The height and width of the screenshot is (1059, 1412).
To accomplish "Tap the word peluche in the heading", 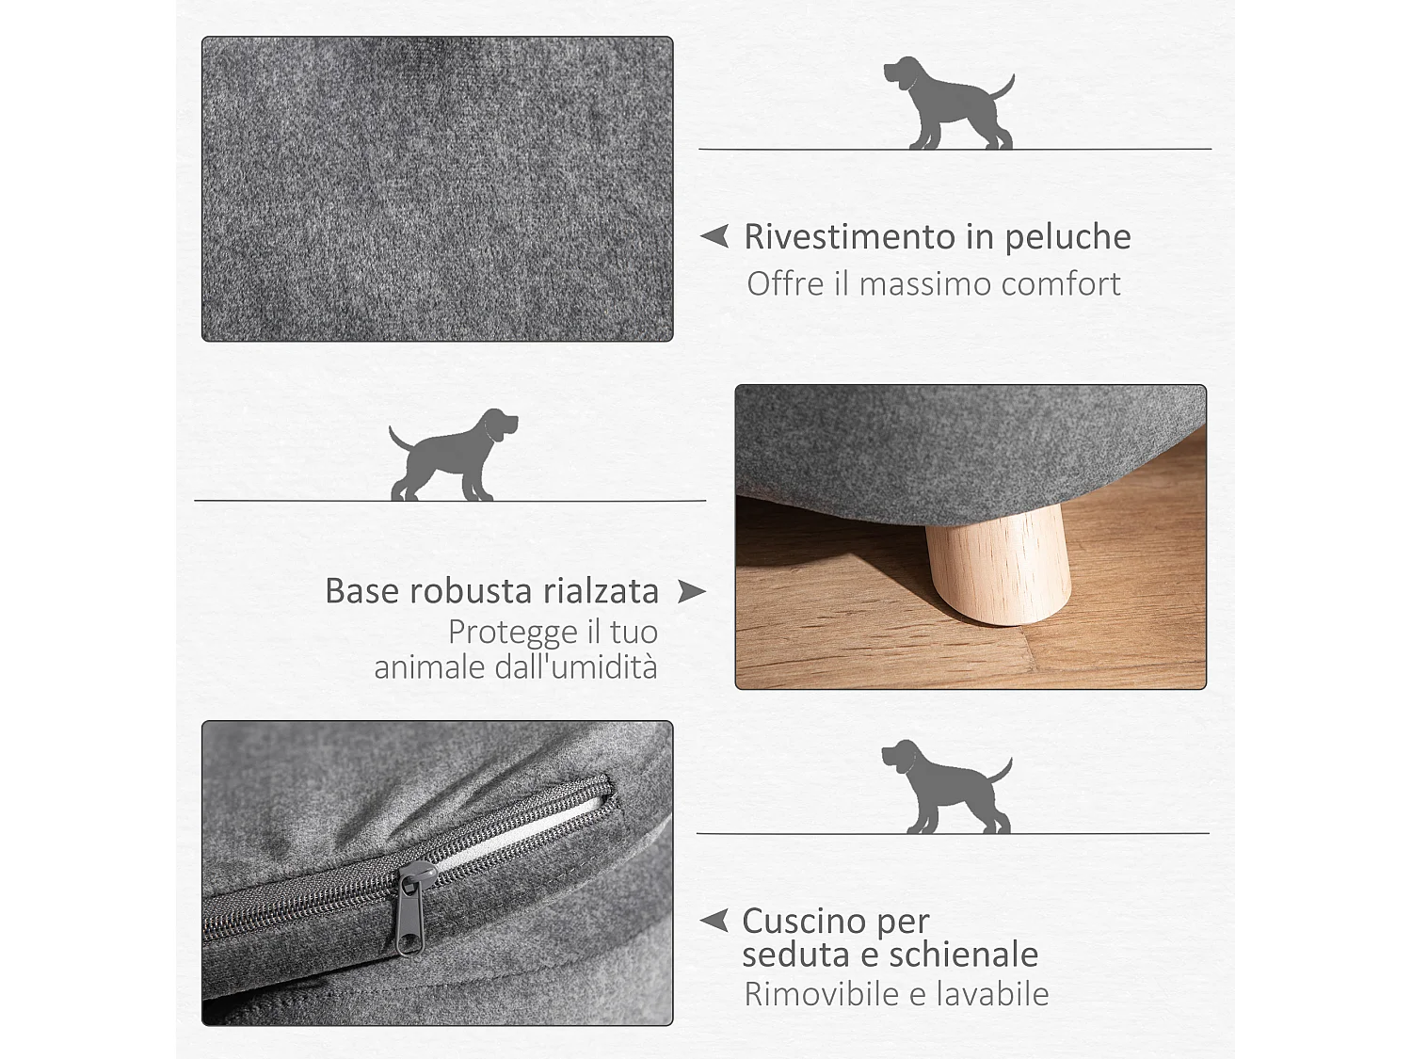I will coord(1067,238).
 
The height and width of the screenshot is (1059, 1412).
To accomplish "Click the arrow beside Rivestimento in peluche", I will coord(715,235).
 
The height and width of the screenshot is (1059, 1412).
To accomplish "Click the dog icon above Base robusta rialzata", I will coord(453,456).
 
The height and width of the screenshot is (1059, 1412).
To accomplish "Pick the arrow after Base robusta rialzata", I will coord(691,591).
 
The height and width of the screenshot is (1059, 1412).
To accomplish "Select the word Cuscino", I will coord(803,920).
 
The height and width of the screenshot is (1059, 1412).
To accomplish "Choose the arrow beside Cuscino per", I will coord(715,920).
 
